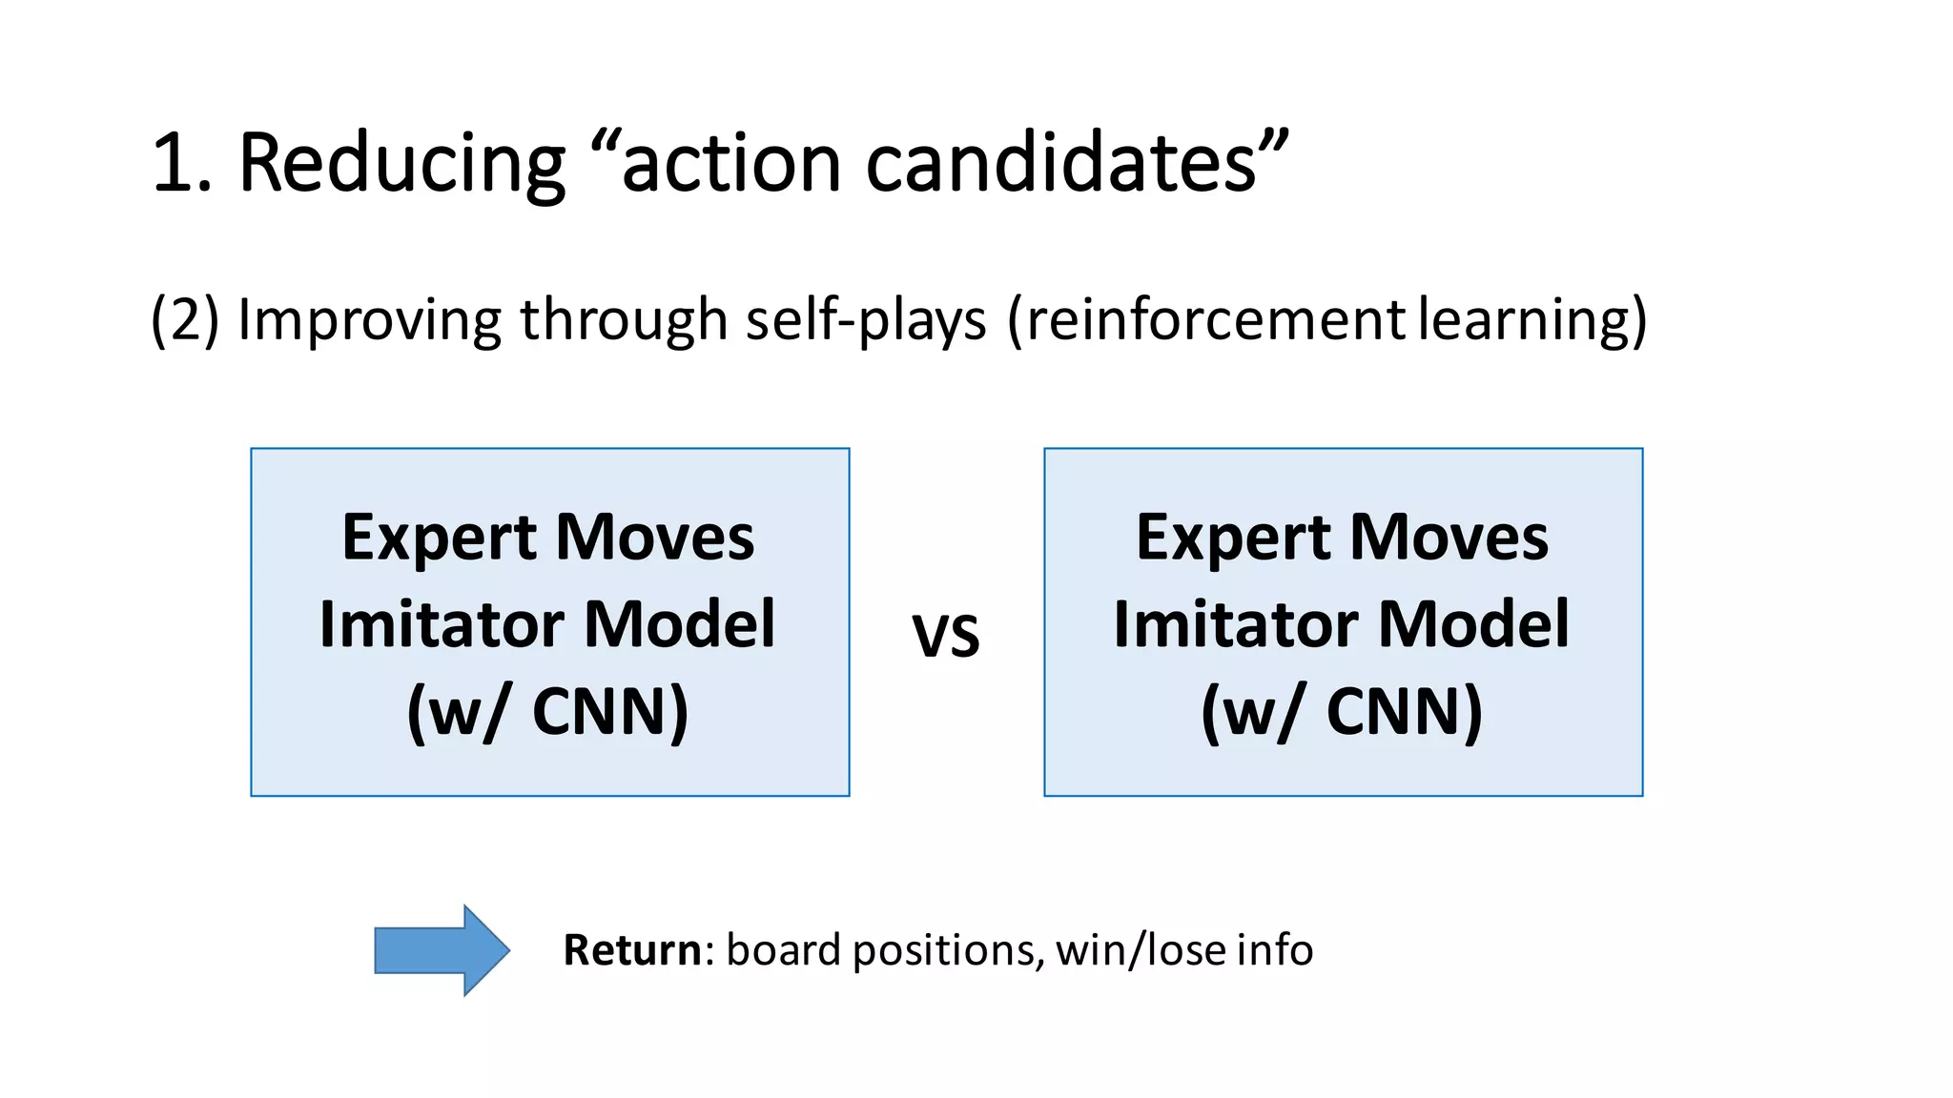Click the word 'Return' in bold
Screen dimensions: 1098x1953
pos(632,950)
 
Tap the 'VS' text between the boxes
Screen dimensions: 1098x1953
pos(946,636)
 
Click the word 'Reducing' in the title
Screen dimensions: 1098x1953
pos(401,163)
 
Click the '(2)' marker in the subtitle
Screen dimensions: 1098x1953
pos(185,319)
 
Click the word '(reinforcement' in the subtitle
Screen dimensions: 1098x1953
pos(1205,319)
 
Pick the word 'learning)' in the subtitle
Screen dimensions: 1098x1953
pos(1532,319)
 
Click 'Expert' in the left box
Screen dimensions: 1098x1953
pos(439,539)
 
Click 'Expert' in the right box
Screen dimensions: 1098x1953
pos(1233,539)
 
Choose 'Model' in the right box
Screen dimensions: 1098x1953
pos(1473,625)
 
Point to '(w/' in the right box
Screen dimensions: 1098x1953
pos(1250,712)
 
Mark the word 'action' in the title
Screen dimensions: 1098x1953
pos(730,163)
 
